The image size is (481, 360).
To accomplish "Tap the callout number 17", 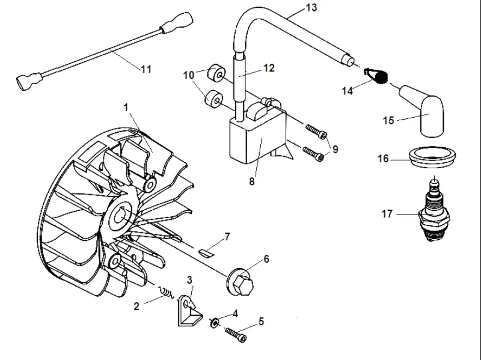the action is point(387,214).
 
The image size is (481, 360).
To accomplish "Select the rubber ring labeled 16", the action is point(432,156).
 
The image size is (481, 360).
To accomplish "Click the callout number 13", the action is point(311,7).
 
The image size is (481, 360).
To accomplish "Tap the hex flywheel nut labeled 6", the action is point(242,282).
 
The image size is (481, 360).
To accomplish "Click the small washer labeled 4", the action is point(214,322).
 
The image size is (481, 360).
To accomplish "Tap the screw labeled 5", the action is point(236,335).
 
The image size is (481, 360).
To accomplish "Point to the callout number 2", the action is point(136,306).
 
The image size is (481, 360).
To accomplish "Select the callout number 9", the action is point(335,149).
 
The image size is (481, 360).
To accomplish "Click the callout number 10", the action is point(189,75).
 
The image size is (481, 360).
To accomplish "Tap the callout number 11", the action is point(146,69).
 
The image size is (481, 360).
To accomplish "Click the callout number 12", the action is point(269,68).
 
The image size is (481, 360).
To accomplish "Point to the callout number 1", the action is point(126,108).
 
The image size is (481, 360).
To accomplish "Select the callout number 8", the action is point(251,182).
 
